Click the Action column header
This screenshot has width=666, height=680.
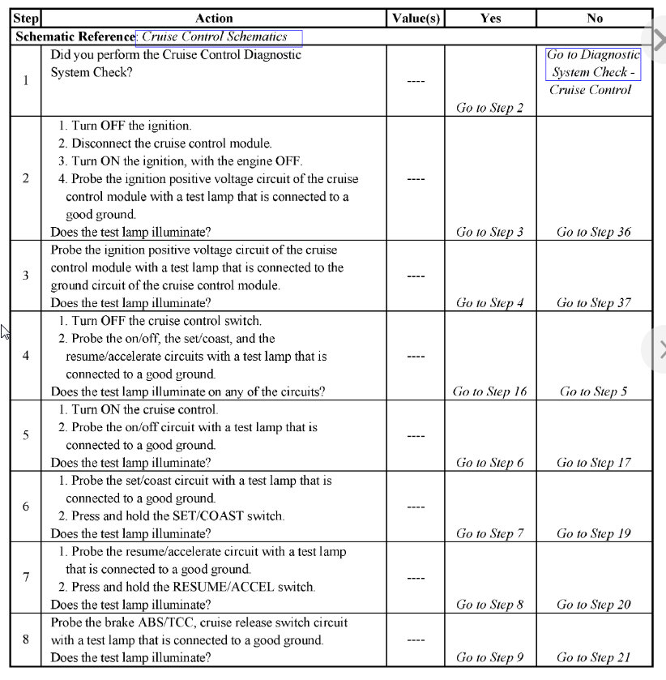(x=214, y=18)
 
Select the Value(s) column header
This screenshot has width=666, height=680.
(x=416, y=18)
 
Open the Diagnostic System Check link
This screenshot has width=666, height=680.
(x=593, y=63)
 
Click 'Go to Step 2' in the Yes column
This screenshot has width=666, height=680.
(x=489, y=108)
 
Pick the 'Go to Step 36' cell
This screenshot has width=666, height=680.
(x=593, y=232)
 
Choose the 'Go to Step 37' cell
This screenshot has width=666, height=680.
(x=593, y=303)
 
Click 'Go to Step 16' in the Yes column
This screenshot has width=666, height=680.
(x=489, y=391)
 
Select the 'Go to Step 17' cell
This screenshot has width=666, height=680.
(x=593, y=463)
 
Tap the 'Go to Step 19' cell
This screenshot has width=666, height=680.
(x=593, y=533)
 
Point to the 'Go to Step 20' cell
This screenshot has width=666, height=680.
(x=593, y=605)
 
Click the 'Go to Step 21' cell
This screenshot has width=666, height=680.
(x=593, y=657)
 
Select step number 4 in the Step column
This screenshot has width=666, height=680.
(x=26, y=356)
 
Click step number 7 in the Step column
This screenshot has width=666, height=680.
(x=26, y=577)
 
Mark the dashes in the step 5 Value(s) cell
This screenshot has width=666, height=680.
(x=416, y=436)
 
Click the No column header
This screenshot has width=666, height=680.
(x=594, y=18)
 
